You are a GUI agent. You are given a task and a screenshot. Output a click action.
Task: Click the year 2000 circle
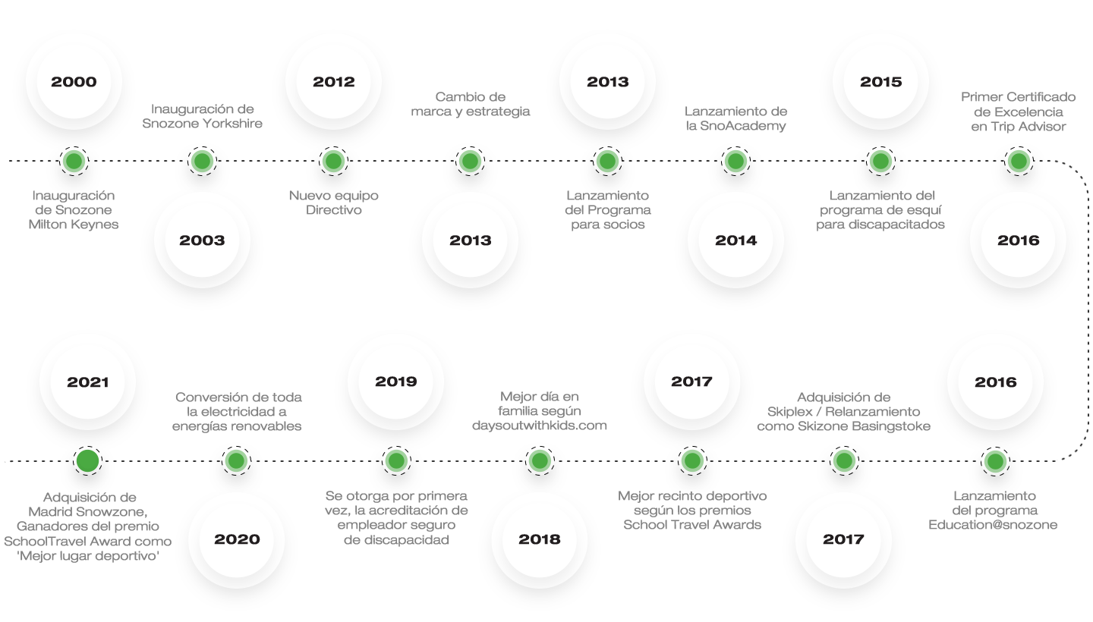click(74, 81)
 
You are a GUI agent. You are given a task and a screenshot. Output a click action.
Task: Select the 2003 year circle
click(202, 240)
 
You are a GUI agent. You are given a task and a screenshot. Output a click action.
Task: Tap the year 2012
click(334, 81)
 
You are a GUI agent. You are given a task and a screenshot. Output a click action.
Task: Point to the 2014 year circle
click(735, 240)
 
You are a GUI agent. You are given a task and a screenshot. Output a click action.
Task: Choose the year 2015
click(880, 81)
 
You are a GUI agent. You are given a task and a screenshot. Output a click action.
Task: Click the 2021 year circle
click(88, 382)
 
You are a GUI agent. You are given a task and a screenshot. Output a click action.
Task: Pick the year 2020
click(237, 539)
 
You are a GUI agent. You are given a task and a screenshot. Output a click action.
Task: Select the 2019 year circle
click(395, 382)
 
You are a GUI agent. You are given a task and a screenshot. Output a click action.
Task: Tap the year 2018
click(540, 539)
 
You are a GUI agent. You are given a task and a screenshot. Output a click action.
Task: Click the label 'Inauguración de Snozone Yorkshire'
click(202, 117)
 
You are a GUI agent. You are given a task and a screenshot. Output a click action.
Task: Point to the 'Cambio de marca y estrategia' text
click(470, 105)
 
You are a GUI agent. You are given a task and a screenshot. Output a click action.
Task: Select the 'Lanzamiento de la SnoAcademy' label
click(735, 118)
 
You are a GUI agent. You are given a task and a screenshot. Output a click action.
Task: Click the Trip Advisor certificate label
click(1019, 112)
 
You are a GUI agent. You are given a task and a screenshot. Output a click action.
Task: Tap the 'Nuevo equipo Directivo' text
click(334, 203)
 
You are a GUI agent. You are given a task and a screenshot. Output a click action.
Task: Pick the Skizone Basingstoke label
click(844, 412)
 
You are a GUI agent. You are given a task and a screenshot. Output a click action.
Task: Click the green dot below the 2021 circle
click(88, 460)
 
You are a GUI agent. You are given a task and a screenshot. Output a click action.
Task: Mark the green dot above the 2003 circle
click(201, 161)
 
